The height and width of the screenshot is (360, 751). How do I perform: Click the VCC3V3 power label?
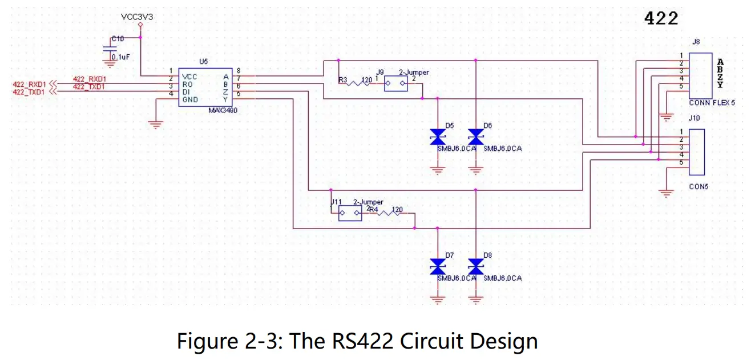[137, 17]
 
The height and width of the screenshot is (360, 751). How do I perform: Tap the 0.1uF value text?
[120, 57]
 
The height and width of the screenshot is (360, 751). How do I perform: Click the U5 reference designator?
[204, 61]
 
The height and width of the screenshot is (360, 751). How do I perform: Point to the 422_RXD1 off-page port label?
[29, 85]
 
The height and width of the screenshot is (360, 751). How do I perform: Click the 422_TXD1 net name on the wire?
[88, 86]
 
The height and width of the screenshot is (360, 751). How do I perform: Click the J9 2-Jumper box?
[396, 85]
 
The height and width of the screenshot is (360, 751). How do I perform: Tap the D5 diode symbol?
[438, 137]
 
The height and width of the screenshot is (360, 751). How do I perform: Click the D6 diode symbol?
[475, 137]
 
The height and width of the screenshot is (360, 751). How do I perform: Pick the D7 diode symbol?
[438, 266]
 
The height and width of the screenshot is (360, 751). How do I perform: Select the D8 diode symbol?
[475, 266]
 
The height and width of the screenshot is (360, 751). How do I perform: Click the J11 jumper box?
[350, 215]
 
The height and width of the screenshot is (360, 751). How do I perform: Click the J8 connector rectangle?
[700, 75]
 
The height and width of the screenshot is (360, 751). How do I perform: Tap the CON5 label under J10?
[698, 187]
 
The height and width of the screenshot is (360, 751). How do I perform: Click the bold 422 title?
[661, 18]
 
